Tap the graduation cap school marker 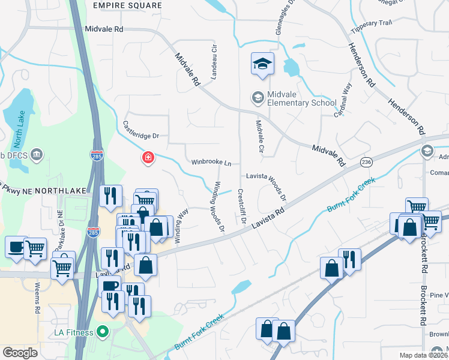262,64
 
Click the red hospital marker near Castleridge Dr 147,158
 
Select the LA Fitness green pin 103,331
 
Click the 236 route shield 366,162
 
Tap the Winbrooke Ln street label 211,163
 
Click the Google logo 20,352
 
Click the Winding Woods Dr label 217,206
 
